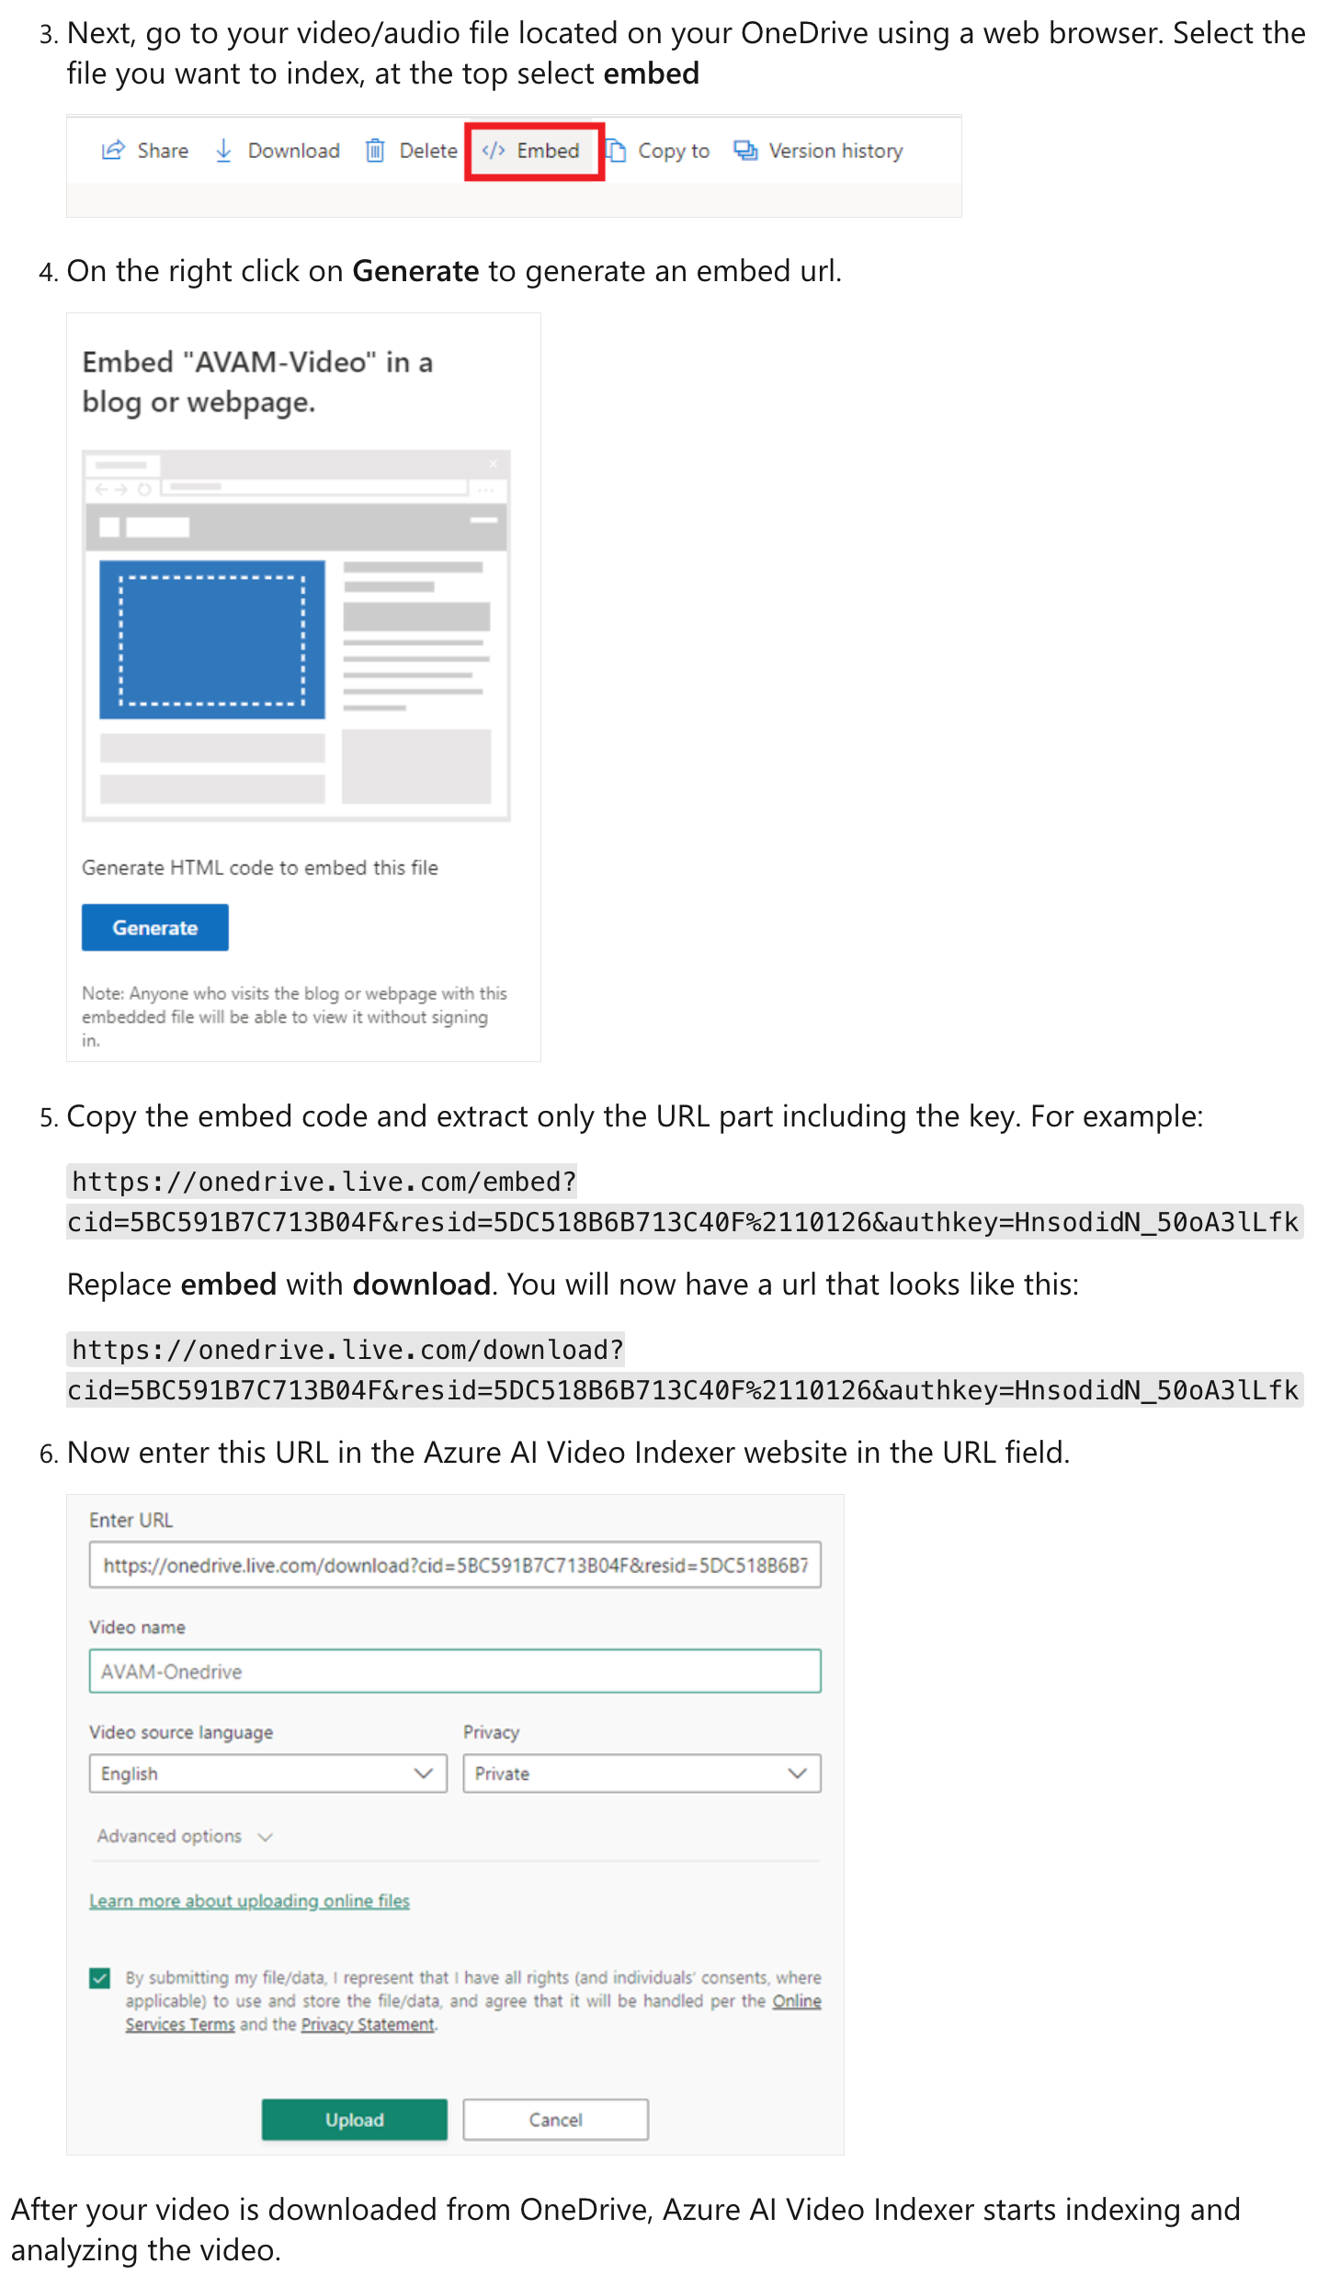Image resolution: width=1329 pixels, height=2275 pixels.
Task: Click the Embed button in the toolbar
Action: [534, 151]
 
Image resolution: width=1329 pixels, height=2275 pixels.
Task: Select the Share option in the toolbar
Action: [145, 151]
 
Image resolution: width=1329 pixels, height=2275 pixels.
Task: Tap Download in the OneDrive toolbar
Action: [278, 151]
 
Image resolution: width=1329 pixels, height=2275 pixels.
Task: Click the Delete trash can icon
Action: [375, 151]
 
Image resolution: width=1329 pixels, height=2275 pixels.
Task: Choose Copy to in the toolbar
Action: [658, 151]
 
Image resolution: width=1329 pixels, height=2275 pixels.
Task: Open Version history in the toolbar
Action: [819, 151]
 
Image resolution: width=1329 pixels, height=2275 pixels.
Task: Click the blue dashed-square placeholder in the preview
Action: [212, 639]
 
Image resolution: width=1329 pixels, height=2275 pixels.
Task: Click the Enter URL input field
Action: [455, 1565]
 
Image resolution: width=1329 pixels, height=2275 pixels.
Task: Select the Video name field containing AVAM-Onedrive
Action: [455, 1671]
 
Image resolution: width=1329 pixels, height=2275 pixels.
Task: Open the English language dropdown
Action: [267, 1773]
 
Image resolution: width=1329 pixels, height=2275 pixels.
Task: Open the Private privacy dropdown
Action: [642, 1773]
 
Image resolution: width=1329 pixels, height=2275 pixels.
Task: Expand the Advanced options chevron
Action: [266, 1837]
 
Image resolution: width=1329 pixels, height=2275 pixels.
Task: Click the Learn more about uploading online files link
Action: [249, 1901]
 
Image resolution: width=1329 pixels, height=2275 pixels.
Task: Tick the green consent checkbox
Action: [100, 1977]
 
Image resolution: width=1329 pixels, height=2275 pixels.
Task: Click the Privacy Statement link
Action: [368, 2024]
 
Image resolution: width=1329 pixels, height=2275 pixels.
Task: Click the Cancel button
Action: [555, 2120]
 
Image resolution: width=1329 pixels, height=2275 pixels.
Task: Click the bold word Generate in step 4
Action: [415, 271]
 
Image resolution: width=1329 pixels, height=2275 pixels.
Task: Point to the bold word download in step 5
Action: [421, 1284]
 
